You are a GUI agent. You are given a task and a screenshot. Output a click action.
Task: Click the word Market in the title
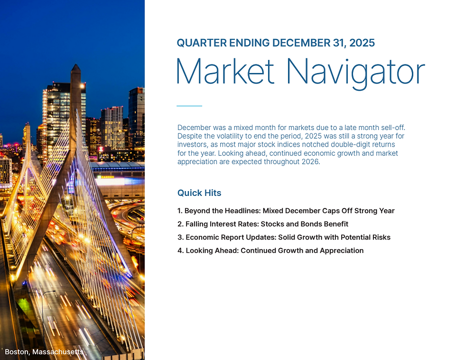pyautogui.click(x=225, y=72)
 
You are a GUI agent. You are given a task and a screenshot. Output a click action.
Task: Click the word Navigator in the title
pyautogui.click(x=355, y=72)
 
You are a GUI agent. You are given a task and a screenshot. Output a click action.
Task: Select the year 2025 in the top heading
pyautogui.click(x=362, y=43)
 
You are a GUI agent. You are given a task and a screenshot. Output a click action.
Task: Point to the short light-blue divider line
pyautogui.click(x=189, y=106)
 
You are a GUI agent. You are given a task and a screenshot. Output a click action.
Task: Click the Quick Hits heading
pyautogui.click(x=199, y=193)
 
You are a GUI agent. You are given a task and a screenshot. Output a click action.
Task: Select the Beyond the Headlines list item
pyautogui.click(x=286, y=211)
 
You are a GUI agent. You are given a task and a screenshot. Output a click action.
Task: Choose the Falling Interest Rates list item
pyautogui.click(x=263, y=224)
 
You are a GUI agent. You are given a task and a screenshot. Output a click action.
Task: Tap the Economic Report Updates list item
pyautogui.click(x=284, y=237)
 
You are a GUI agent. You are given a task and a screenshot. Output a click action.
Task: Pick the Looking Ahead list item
pyautogui.click(x=270, y=250)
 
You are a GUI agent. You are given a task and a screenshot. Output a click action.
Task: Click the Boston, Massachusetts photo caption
pyautogui.click(x=44, y=352)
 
